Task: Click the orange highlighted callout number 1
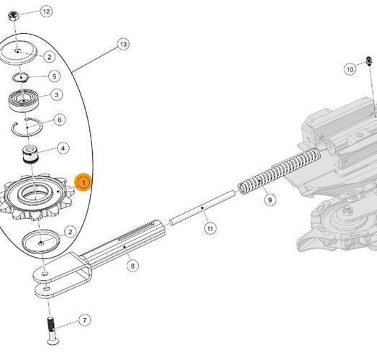83,182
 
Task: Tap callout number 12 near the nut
46,12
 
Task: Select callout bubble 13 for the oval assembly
123,44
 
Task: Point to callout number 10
350,69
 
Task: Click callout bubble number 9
270,200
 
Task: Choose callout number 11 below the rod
210,228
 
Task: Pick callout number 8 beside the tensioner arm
132,266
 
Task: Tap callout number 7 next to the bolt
84,320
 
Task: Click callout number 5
55,76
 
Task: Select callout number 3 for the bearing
57,94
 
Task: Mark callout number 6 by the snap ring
60,120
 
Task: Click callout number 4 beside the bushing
63,148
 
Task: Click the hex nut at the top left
13,16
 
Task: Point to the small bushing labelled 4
29,156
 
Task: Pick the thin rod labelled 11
203,207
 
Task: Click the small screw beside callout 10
369,60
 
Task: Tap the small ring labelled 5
21,77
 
